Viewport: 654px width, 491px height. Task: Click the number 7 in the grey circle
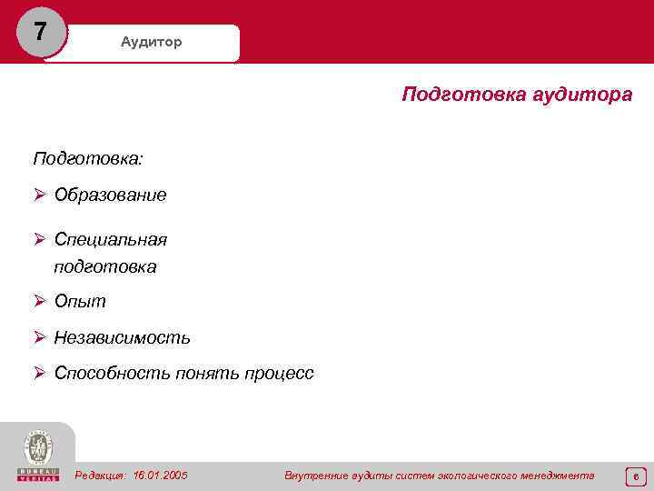tap(40, 32)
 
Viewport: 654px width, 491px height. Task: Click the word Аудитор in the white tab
tap(152, 43)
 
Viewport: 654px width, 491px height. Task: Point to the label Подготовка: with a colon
tap(88, 158)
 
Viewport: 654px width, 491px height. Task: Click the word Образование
tap(110, 195)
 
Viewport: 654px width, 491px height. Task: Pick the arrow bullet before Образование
tap(40, 195)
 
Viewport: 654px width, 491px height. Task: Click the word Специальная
tap(111, 239)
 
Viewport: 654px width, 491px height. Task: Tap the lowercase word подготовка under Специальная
tap(105, 266)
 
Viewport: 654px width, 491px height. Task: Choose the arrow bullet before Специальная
tap(40, 239)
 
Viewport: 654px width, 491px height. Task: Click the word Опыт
tap(80, 301)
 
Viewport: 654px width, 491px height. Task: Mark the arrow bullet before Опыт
tap(40, 301)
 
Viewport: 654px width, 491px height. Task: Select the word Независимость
tap(122, 337)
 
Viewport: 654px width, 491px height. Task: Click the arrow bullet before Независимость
tap(40, 337)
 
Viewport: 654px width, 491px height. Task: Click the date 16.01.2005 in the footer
tap(160, 475)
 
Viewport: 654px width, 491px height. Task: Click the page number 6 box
tap(636, 476)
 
